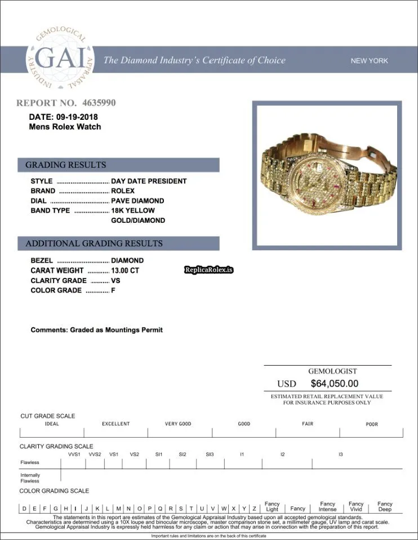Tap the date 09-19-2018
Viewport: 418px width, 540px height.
coord(77,117)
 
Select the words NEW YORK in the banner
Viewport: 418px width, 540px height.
coord(369,61)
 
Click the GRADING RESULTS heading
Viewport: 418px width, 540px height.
coord(65,165)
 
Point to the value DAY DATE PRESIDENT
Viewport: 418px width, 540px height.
coord(149,181)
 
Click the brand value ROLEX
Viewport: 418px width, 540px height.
coord(123,191)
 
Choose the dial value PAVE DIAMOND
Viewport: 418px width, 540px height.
coord(137,201)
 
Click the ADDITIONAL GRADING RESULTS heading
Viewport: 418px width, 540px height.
coord(94,244)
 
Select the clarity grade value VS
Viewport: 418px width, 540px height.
coord(116,281)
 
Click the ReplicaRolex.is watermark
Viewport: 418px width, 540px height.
coord(208,271)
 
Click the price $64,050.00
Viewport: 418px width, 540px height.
coord(335,384)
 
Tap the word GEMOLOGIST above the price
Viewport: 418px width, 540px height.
coord(332,371)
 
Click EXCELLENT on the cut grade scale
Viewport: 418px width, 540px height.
coord(115,424)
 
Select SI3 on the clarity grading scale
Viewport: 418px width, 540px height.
coord(210,454)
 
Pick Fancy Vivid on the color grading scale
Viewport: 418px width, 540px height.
coord(356,507)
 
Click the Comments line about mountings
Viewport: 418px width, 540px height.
coord(96,330)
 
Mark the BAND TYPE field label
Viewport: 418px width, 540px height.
coord(50,210)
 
